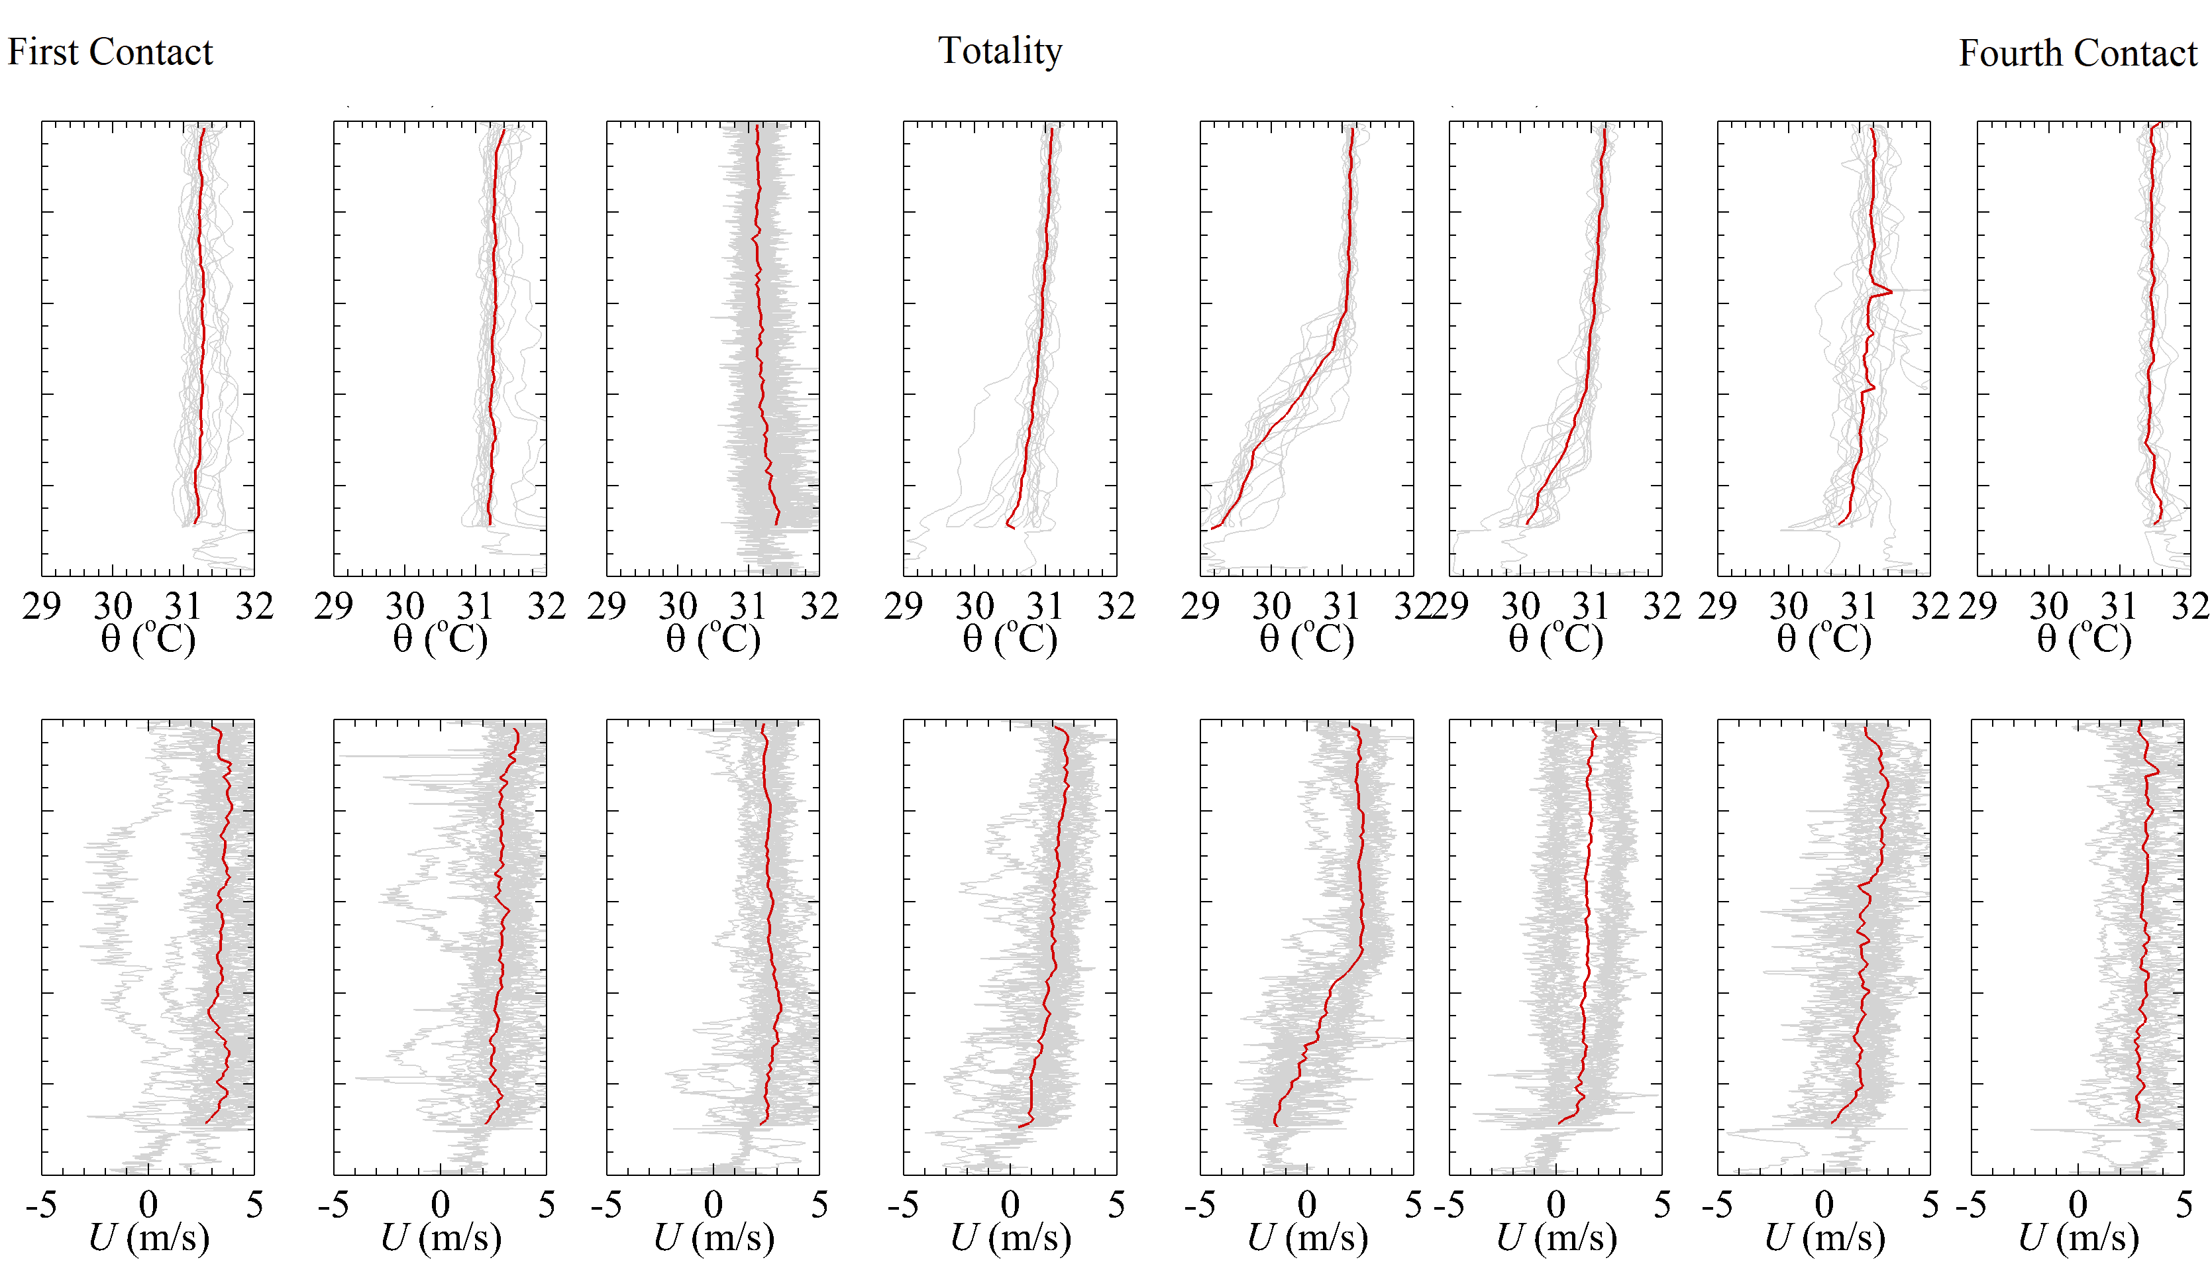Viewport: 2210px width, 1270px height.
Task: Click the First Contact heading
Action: (110, 52)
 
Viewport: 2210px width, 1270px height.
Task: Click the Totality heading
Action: (1000, 50)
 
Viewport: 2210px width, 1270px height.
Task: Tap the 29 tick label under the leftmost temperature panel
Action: (42, 606)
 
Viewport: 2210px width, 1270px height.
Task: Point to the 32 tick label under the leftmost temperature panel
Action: (254, 606)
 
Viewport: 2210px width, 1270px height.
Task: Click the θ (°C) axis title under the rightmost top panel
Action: (2083, 640)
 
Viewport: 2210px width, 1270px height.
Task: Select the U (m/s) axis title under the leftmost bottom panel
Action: (148, 1237)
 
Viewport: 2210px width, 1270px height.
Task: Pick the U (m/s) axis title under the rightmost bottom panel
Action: (2078, 1237)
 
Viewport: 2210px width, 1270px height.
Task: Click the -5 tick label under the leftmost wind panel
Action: (41, 1206)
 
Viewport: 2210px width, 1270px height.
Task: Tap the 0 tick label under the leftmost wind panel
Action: (148, 1206)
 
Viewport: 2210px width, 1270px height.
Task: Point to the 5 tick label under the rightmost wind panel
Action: (2183, 1206)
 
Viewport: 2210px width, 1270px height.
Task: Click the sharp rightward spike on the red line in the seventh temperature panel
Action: (1889, 291)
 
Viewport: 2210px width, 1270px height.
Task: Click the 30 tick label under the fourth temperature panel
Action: (974, 606)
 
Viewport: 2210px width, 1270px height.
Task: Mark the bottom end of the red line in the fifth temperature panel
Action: (1212, 529)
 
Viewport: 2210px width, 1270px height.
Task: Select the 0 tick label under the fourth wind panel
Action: (1010, 1206)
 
